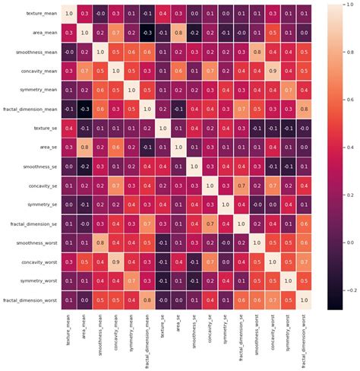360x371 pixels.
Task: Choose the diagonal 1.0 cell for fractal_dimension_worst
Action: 305,302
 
